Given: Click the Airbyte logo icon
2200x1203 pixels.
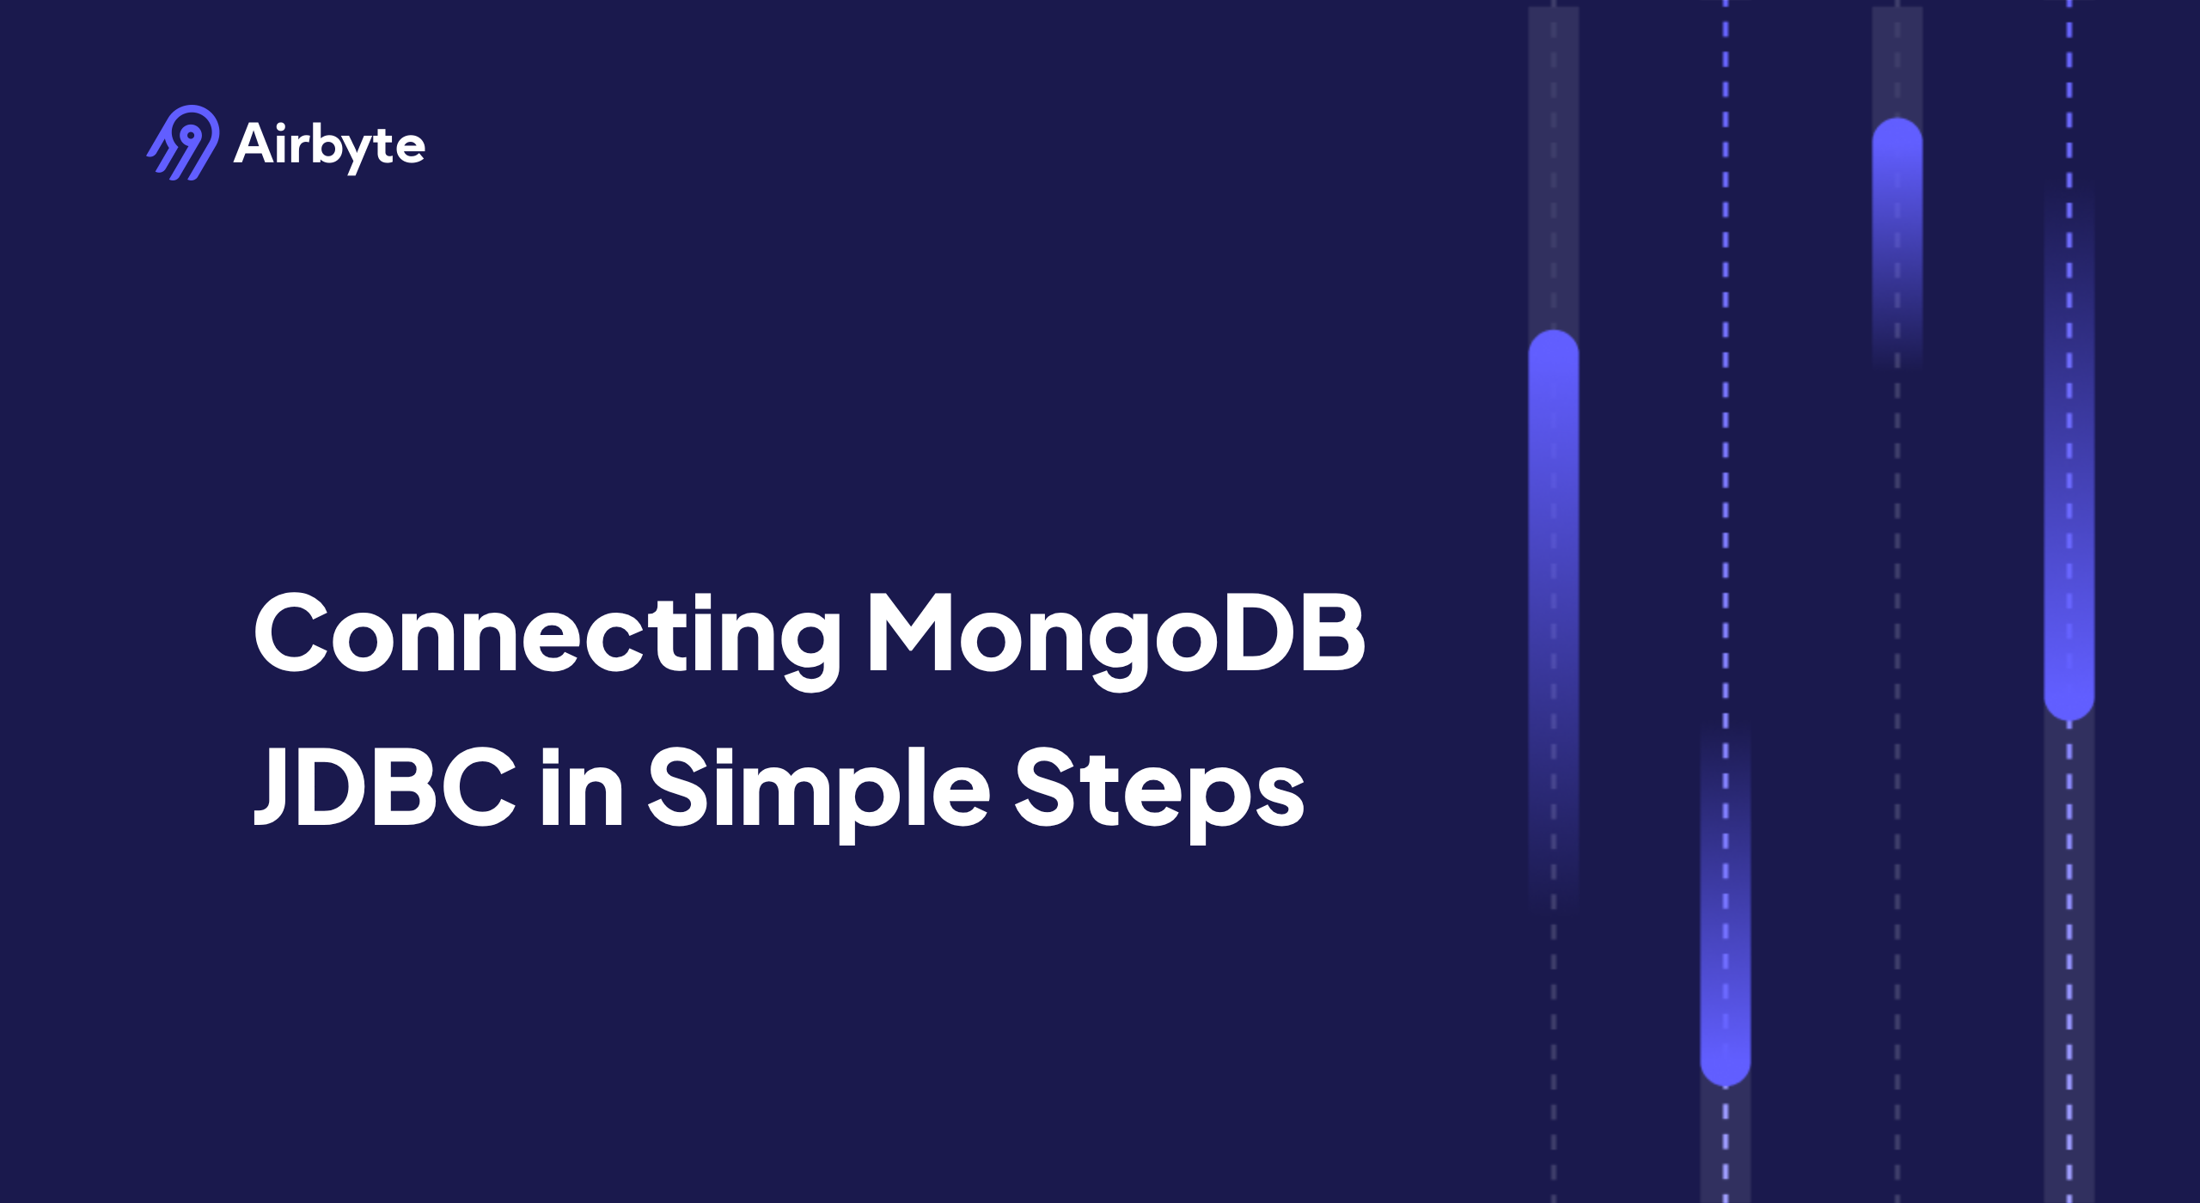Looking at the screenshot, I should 183,143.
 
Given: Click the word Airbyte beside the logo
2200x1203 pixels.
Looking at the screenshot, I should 329,144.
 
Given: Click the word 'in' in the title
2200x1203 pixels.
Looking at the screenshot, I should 582,786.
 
